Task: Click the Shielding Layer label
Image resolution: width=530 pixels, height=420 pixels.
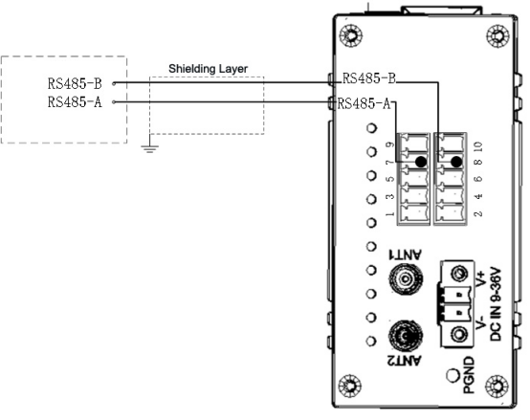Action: (208, 69)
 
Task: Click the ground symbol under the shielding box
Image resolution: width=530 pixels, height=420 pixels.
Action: (149, 148)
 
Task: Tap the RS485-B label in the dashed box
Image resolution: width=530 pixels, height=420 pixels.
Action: (75, 84)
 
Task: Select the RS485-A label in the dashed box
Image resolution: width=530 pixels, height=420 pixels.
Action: (75, 101)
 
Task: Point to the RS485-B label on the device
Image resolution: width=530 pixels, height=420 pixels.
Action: (369, 78)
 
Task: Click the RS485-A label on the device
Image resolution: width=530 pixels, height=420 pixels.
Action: (364, 103)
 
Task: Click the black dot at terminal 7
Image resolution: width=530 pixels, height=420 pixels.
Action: (421, 162)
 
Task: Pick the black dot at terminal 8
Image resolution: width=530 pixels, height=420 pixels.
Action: (456, 162)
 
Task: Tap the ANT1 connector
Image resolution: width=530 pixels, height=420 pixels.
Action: (406, 278)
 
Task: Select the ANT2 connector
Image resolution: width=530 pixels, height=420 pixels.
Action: (406, 336)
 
